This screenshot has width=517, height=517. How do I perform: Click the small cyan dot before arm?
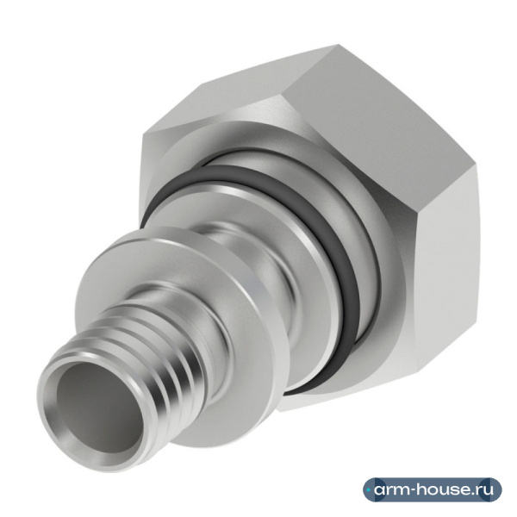click(x=369, y=490)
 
